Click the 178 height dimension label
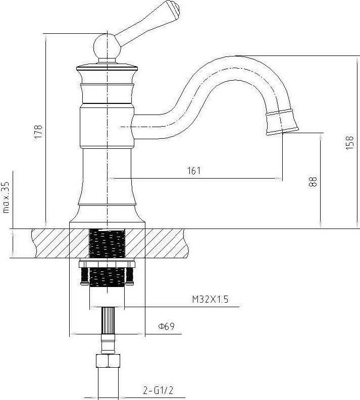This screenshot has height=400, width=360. [38, 132]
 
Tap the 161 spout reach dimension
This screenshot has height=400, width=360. [194, 170]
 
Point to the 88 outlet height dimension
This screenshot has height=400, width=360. [313, 182]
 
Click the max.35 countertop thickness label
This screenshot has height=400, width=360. [6, 197]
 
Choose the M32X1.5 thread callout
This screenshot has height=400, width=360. [210, 299]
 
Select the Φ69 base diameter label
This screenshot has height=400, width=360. [166, 326]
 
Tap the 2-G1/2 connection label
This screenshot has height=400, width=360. [158, 390]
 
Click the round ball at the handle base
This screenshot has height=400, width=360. [107, 47]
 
